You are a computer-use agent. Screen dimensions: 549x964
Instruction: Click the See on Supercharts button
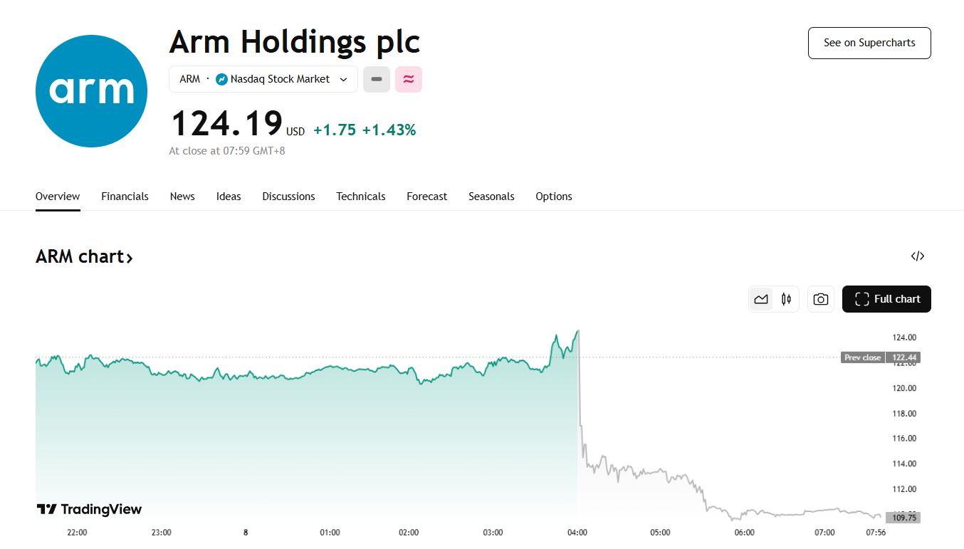[x=869, y=43]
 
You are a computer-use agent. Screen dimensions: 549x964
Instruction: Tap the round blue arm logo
[x=91, y=91]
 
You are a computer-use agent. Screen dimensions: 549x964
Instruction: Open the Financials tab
[x=125, y=197]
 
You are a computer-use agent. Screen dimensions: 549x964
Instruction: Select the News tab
[x=182, y=197]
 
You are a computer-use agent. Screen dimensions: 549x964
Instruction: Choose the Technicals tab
[x=361, y=197]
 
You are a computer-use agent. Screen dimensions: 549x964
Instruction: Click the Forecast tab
[x=427, y=197]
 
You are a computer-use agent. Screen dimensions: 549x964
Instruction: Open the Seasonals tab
[x=491, y=197]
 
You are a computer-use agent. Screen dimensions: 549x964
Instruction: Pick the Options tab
[x=554, y=197]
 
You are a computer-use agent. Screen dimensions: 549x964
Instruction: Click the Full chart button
[x=886, y=299]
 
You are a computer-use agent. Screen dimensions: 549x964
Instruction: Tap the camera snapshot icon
[x=821, y=299]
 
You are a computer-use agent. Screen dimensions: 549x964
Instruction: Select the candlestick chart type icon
[x=786, y=299]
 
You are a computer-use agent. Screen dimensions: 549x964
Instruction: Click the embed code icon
[x=918, y=256]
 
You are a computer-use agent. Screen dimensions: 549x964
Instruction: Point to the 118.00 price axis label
[x=904, y=414]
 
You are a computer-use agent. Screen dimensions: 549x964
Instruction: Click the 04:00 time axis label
[x=577, y=533]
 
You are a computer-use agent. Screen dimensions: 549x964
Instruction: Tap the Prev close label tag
[x=862, y=357]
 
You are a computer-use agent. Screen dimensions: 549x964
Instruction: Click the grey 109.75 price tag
[x=903, y=518]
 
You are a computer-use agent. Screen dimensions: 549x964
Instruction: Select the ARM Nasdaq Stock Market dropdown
[x=263, y=79]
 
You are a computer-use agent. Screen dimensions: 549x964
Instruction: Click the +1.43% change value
[x=389, y=130]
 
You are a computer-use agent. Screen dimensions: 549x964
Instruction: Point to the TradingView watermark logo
[x=90, y=509]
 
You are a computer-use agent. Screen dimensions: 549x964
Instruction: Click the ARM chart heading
[x=84, y=256]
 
